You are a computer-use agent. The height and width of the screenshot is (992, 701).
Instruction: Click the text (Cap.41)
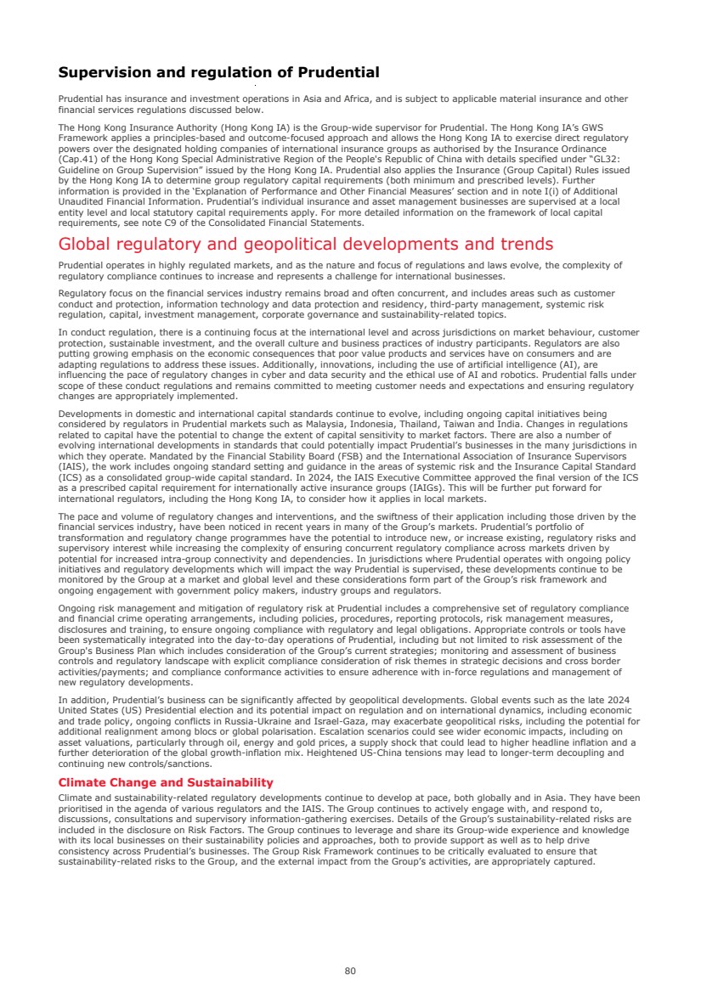pos(77,159)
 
